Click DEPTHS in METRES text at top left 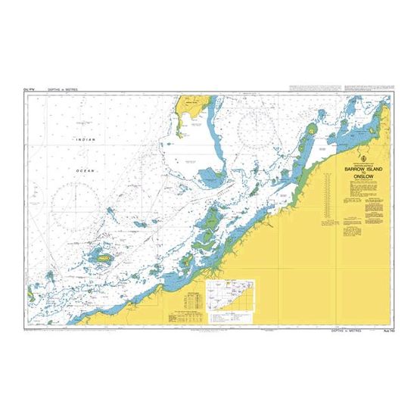pos(63,90)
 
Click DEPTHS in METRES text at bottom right pos(346,331)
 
